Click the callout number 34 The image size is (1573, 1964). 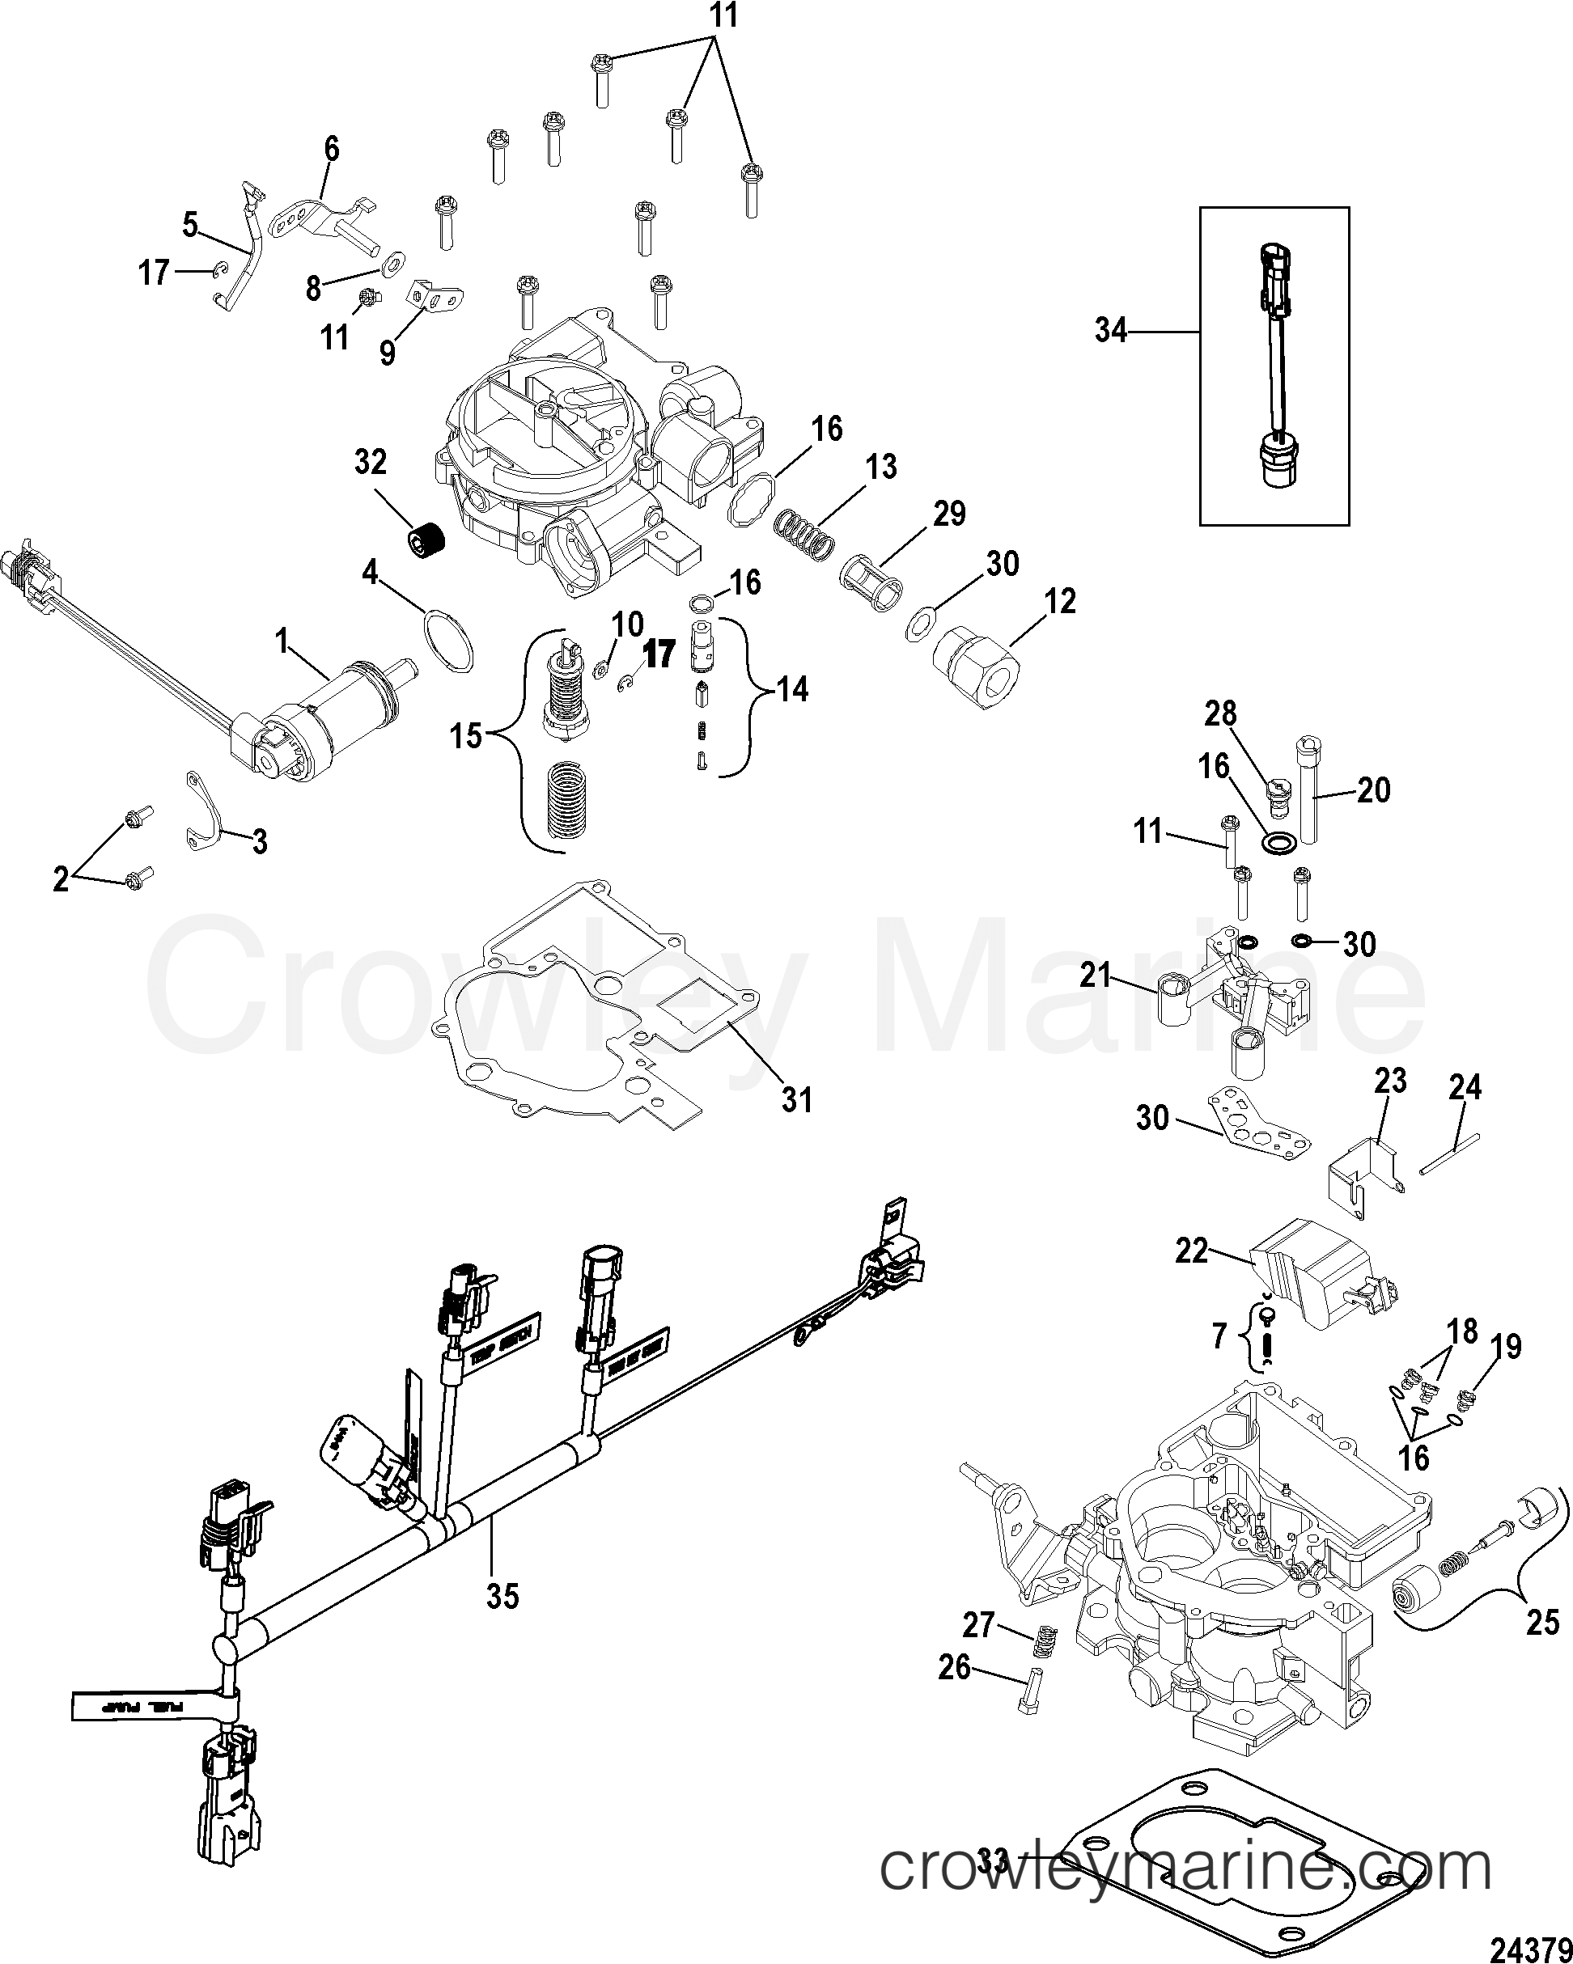(1110, 332)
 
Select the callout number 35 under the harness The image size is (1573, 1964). (502, 1595)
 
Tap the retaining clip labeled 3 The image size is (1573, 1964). (206, 810)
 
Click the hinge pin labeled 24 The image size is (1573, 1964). (1448, 1153)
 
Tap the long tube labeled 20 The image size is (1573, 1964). (1308, 792)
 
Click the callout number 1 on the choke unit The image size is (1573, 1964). (282, 643)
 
